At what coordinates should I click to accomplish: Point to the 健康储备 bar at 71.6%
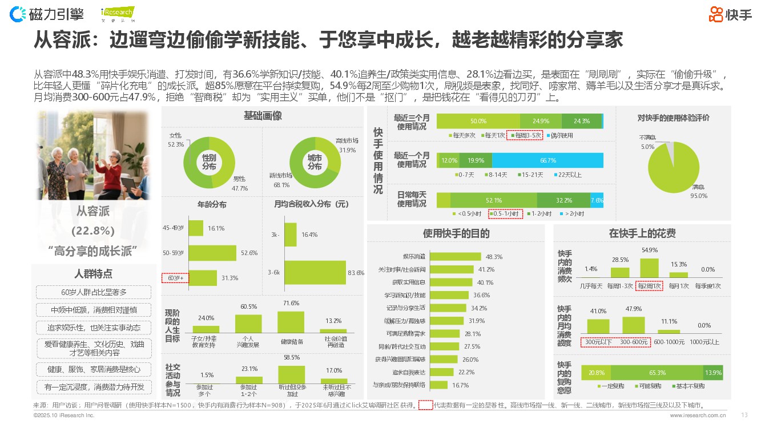(291, 322)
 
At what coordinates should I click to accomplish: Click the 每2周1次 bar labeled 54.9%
(649, 268)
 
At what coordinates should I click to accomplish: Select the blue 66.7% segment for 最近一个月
(547, 160)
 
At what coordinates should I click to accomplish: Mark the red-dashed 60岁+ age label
(176, 278)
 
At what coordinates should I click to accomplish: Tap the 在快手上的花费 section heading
(642, 233)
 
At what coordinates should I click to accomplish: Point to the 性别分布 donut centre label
(210, 162)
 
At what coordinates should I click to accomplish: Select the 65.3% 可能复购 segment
(657, 373)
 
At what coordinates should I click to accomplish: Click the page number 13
(744, 415)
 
